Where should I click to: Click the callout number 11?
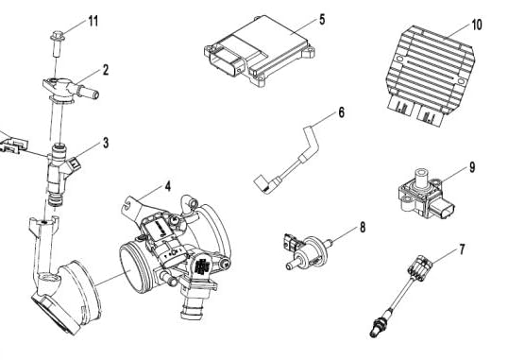(93, 21)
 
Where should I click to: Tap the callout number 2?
(106, 70)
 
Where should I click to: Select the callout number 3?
(106, 143)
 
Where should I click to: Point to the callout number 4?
(167, 186)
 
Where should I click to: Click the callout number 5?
(322, 20)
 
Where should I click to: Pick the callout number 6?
(341, 112)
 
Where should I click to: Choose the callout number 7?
(462, 249)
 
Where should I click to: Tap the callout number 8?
(363, 228)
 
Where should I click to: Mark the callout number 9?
(472, 167)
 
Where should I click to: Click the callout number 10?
(477, 25)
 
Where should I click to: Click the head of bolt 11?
(58, 35)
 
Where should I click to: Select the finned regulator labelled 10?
(431, 75)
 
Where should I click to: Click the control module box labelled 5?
(259, 50)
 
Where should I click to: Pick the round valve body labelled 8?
(313, 250)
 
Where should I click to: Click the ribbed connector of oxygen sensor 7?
(419, 266)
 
